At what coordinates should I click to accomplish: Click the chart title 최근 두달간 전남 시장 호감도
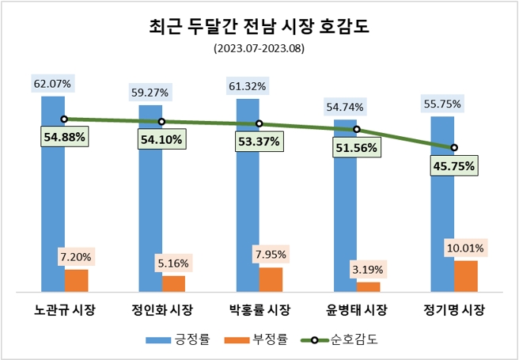(259, 28)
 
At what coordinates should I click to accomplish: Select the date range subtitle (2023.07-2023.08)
(259, 48)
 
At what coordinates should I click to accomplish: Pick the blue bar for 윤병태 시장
(345, 206)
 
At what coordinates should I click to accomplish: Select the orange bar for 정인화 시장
(173, 283)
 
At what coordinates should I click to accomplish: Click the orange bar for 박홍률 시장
(271, 279)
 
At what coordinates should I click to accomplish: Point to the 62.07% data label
(52, 83)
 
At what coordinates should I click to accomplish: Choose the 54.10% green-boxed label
(161, 140)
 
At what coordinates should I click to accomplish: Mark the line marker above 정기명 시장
(454, 147)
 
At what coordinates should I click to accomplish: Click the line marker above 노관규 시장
(64, 119)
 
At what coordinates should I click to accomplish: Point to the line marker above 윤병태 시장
(357, 129)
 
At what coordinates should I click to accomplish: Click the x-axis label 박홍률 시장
(259, 309)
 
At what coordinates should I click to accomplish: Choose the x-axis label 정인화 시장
(161, 309)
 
